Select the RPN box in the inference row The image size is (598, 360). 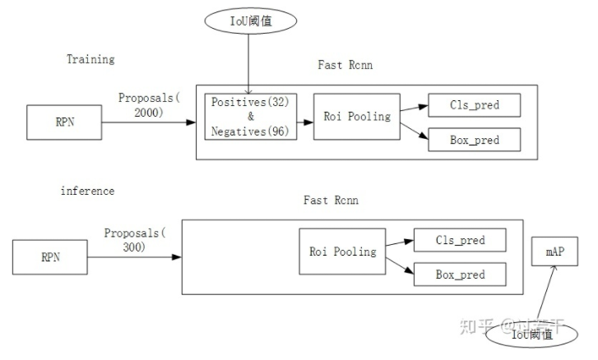click(x=51, y=257)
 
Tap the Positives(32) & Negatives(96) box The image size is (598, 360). click(x=250, y=117)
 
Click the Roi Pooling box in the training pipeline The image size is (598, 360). click(x=356, y=117)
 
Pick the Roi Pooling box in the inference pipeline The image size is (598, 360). click(x=342, y=252)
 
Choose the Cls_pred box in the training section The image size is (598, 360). click(x=475, y=105)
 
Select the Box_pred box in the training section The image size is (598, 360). click(x=475, y=140)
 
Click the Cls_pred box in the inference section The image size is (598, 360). click(x=460, y=241)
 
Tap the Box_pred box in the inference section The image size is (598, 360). click(x=460, y=275)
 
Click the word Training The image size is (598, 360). click(x=90, y=59)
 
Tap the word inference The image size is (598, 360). click(x=88, y=191)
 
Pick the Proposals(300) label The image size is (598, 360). click(x=135, y=239)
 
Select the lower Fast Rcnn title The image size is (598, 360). click(x=331, y=200)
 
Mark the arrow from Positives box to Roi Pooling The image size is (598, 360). click(x=304, y=122)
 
